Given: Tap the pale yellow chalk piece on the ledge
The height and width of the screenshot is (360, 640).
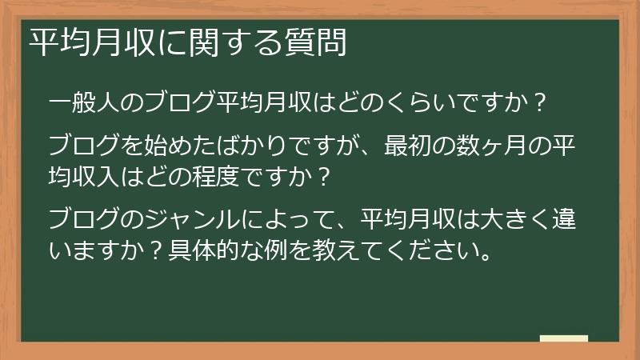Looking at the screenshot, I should pyautogui.click(x=563, y=338).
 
